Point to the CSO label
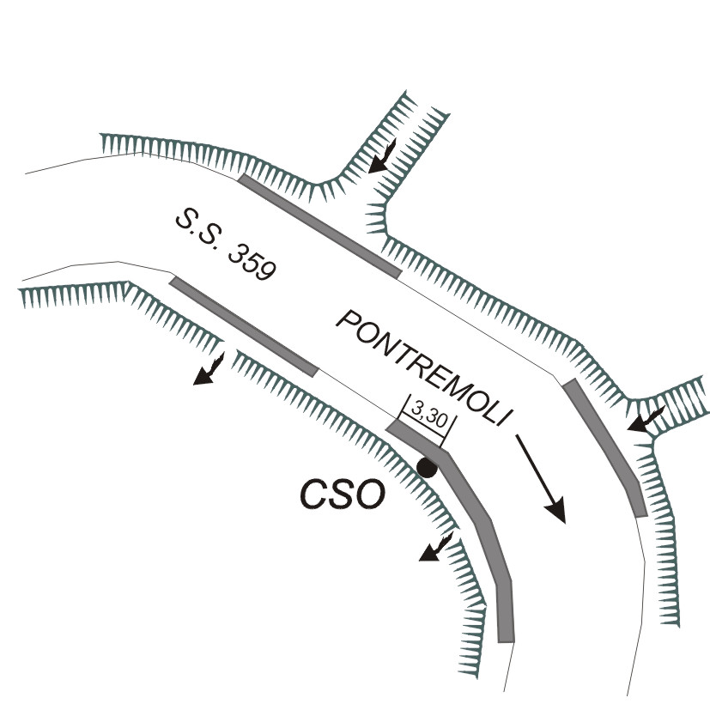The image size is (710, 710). point(341,495)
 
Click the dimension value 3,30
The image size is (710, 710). point(427,410)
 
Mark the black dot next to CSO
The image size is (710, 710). point(426,468)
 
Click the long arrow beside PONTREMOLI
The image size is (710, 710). point(541,477)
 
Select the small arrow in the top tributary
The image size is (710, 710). point(380,158)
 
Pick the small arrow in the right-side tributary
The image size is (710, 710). point(645,420)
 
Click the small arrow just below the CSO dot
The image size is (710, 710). point(435,548)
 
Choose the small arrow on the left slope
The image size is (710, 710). point(209,370)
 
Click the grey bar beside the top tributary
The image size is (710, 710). point(319,226)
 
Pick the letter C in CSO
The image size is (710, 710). point(313,495)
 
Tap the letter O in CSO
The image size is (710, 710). point(369,495)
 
